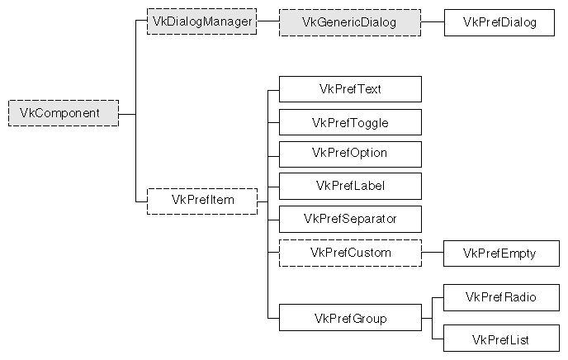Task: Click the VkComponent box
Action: click(64, 113)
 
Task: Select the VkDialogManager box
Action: click(201, 21)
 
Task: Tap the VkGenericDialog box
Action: click(350, 22)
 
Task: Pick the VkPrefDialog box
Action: click(500, 22)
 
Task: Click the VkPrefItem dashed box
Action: click(201, 201)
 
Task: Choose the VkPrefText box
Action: click(350, 89)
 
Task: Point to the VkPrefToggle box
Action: click(350, 122)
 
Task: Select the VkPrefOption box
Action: click(350, 154)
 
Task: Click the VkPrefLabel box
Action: click(350, 186)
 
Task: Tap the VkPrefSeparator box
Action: click(350, 219)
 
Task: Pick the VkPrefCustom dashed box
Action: click(350, 252)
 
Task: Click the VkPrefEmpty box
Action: click(500, 253)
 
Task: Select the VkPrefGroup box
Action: click(350, 318)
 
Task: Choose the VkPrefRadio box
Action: click(500, 297)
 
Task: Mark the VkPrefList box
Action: click(500, 339)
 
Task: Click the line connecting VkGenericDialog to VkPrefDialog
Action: click(433, 22)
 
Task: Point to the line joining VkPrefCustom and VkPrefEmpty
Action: click(433, 253)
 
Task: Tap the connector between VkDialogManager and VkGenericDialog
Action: click(267, 22)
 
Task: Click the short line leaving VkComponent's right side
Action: click(126, 113)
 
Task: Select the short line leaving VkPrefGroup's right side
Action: click(427, 318)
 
